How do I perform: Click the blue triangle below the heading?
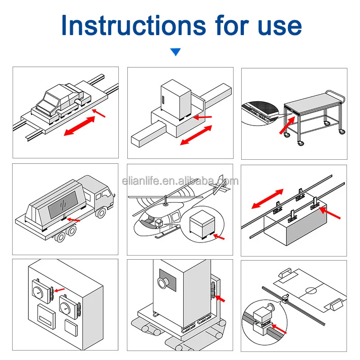(175, 53)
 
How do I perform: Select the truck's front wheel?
(100, 211)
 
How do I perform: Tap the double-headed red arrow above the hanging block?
(267, 199)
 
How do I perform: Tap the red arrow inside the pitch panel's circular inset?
(279, 330)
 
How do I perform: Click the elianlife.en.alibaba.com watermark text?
(180, 181)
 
